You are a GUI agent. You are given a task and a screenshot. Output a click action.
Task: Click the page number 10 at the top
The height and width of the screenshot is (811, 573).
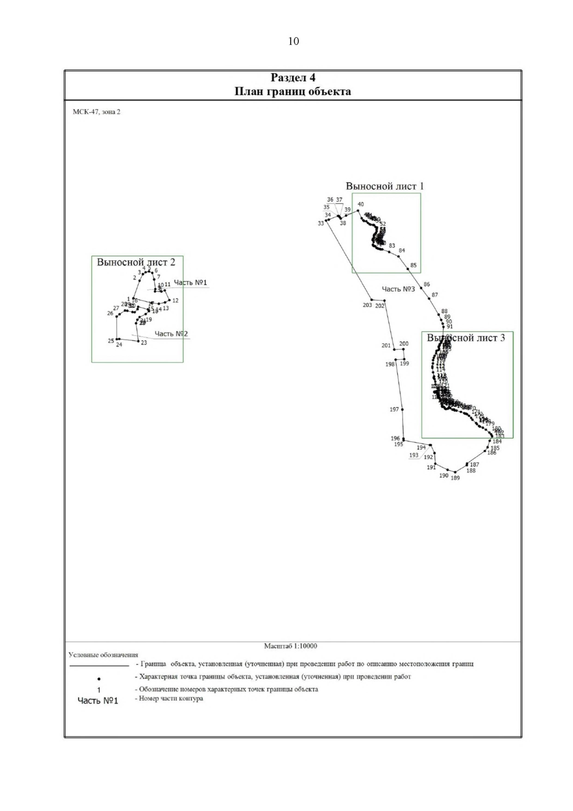tap(293, 42)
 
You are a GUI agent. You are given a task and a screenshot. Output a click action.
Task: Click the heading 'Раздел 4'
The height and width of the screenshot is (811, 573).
tap(293, 77)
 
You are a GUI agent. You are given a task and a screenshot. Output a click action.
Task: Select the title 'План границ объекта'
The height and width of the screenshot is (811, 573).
tap(293, 91)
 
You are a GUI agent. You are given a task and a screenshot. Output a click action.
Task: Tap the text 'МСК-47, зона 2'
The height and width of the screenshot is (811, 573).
tap(96, 112)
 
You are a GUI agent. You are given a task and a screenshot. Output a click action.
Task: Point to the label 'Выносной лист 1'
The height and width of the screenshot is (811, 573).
tap(385, 186)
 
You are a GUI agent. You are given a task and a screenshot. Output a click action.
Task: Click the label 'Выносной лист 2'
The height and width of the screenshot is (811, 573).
tap(136, 262)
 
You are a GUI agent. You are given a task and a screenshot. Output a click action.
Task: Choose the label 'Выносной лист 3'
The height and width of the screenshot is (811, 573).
tap(466, 338)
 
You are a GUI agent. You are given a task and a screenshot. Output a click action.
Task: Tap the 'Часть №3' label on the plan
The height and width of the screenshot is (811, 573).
tap(398, 289)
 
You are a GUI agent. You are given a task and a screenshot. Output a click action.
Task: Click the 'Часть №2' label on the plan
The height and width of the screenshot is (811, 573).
tap(171, 334)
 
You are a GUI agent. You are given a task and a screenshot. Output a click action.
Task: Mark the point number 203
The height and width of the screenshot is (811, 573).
tap(367, 305)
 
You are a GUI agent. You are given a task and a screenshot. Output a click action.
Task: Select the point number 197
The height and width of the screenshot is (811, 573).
tap(394, 409)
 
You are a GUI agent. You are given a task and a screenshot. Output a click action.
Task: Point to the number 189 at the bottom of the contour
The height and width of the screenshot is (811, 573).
tap(455, 477)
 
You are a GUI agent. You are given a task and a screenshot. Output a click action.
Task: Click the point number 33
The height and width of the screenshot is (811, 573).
tap(321, 223)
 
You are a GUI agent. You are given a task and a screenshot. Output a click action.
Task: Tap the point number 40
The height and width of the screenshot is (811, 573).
tap(361, 205)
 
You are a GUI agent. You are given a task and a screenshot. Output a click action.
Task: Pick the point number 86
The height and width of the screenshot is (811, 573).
tap(426, 284)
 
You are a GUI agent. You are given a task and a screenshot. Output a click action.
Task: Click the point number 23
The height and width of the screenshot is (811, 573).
tap(144, 343)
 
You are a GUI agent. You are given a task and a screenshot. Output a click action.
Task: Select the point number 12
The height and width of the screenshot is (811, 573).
tap(175, 301)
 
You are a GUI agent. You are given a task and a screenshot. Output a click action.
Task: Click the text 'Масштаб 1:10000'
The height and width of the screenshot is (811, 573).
tap(290, 646)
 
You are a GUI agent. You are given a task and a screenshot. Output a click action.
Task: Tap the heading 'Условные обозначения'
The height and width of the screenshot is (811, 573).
tap(103, 655)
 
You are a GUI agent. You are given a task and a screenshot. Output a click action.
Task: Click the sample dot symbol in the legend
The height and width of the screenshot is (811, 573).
tap(99, 678)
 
